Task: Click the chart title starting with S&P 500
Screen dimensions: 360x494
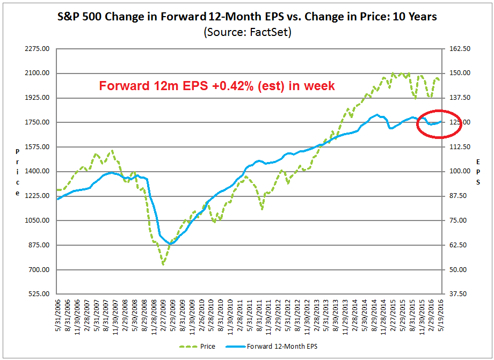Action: click(247, 17)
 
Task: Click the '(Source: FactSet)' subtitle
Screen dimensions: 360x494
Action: click(247, 32)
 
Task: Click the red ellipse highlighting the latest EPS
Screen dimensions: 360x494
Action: click(439, 123)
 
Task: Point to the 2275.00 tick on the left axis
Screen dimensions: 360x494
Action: click(38, 49)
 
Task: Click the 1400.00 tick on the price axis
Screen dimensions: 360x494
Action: click(38, 172)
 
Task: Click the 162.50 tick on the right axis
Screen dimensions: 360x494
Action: click(459, 49)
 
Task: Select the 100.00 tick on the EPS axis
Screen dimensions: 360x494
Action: click(459, 172)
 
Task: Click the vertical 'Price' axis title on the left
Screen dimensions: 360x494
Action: click(18, 172)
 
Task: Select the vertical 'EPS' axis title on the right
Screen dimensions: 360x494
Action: click(478, 172)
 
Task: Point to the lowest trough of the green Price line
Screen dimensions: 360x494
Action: click(163, 264)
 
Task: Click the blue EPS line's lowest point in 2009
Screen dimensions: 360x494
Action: click(171, 244)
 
